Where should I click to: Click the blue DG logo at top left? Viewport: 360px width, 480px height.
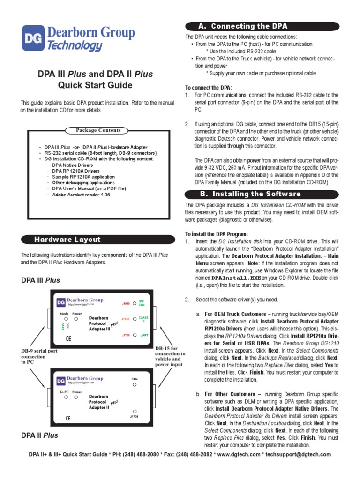[x=33, y=38]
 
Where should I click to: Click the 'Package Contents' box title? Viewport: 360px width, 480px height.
[x=98, y=130]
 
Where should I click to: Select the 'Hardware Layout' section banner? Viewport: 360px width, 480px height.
[x=67, y=240]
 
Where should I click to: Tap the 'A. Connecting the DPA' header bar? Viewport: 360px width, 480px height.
[x=249, y=26]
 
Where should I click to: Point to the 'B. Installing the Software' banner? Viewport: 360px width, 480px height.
[x=256, y=194]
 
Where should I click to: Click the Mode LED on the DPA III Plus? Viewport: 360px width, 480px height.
[x=65, y=319]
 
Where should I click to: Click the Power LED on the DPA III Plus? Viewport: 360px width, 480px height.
[x=76, y=319]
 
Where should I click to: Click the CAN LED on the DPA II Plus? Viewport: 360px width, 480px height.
[x=134, y=384]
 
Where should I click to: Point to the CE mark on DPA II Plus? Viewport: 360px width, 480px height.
[x=68, y=418]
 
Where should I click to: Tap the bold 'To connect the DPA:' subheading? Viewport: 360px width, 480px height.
[x=209, y=88]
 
